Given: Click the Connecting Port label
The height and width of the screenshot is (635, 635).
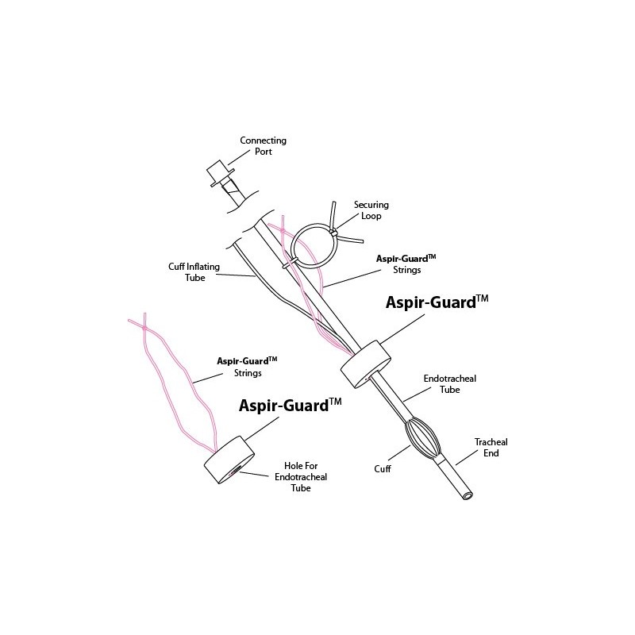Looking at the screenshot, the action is tap(264, 146).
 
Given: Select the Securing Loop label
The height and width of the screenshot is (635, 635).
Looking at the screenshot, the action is tap(371, 210).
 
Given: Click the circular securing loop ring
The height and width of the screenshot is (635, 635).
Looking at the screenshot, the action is tap(314, 244).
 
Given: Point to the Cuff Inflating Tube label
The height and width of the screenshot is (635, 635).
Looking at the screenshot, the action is tap(194, 272).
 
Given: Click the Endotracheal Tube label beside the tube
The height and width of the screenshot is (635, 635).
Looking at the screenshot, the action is tap(449, 384).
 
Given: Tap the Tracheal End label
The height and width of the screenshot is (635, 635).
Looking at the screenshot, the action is tap(491, 448).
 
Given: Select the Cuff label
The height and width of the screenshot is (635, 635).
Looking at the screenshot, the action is tap(383, 468).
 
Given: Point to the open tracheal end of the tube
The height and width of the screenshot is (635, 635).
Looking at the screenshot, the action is tap(468, 495).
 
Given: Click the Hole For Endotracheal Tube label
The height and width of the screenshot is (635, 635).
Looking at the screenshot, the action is tap(301, 477).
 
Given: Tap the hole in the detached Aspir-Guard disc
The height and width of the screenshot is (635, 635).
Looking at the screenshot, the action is tap(234, 470).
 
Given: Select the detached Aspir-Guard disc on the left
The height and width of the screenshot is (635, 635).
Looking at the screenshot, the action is tap(229, 460).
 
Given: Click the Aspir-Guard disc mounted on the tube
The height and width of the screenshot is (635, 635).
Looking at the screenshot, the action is tap(366, 364).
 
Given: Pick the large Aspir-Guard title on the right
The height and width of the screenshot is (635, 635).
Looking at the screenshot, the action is tap(437, 302).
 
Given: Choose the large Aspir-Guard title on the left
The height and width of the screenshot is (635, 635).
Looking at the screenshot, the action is tap(290, 406).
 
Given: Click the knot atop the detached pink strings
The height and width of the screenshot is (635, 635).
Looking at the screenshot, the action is tap(144, 327).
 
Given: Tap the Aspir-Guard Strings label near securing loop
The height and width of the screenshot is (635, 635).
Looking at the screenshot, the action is tap(406, 264).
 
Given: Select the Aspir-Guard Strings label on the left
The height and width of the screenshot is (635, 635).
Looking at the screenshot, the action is tap(247, 367).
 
